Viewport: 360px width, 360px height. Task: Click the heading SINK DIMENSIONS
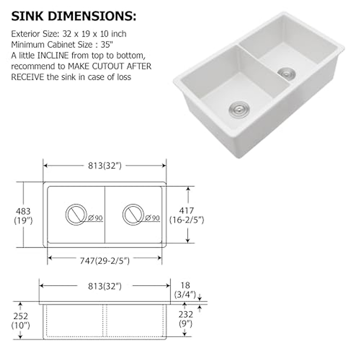pyautogui.click(x=73, y=17)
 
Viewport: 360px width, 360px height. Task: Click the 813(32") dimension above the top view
pyautogui.click(x=105, y=166)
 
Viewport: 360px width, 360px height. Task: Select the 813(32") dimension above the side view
pyautogui.click(x=105, y=286)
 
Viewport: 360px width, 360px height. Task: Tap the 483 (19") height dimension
pyautogui.click(x=23, y=216)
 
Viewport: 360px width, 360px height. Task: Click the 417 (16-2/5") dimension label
pyautogui.click(x=187, y=215)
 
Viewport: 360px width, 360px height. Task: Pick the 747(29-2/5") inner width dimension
pyautogui.click(x=105, y=261)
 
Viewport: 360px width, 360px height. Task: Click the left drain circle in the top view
pyautogui.click(x=76, y=215)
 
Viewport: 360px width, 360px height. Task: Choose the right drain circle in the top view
pyautogui.click(x=133, y=215)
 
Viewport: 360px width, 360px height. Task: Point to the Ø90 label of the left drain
pyautogui.click(x=96, y=218)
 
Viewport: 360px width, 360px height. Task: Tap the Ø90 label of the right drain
pyautogui.click(x=152, y=218)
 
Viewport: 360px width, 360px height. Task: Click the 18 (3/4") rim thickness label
pyautogui.click(x=185, y=289)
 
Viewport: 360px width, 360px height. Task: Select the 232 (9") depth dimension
pyautogui.click(x=185, y=319)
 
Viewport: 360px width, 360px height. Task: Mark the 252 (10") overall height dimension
pyautogui.click(x=20, y=320)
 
